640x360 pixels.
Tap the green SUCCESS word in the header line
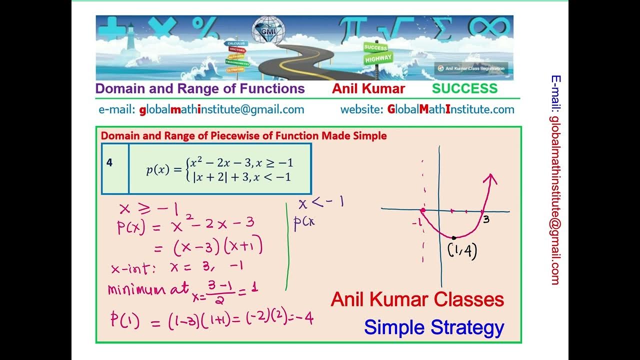[464, 89]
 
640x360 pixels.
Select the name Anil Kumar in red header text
[368, 89]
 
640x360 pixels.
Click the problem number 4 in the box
[109, 163]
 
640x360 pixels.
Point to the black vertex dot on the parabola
[453, 238]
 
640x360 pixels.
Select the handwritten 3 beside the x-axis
[485, 218]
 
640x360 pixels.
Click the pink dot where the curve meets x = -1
[422, 210]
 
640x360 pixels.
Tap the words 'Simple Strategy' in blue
[434, 328]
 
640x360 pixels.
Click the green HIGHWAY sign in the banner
[378, 58]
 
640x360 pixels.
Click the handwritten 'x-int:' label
[133, 268]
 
